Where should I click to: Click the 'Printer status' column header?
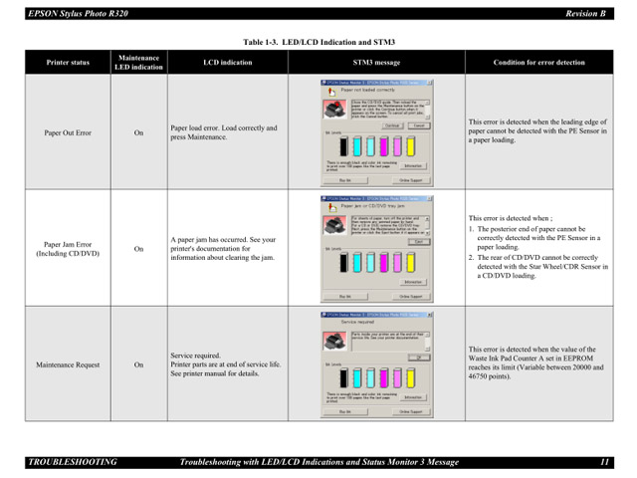pos(67,62)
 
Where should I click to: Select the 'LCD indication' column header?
pos(227,62)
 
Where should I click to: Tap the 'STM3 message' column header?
pos(375,62)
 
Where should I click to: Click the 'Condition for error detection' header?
pos(539,62)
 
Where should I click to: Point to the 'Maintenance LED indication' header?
pos(138,62)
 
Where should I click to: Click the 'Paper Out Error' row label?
pos(67,131)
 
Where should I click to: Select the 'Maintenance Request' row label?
pos(67,364)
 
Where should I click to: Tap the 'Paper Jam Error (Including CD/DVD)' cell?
pos(67,248)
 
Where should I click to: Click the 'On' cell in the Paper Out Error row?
pos(138,131)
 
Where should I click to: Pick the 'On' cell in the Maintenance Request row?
pos(138,364)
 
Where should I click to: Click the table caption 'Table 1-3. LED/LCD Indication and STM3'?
pos(318,42)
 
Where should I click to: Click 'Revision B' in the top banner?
pos(585,13)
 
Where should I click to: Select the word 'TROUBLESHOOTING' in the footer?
pos(73,462)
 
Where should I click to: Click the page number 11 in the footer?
pos(603,462)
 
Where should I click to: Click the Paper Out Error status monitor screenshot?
pos(376,131)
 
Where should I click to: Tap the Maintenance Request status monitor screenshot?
pos(376,363)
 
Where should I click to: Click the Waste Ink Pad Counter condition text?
pos(539,364)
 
